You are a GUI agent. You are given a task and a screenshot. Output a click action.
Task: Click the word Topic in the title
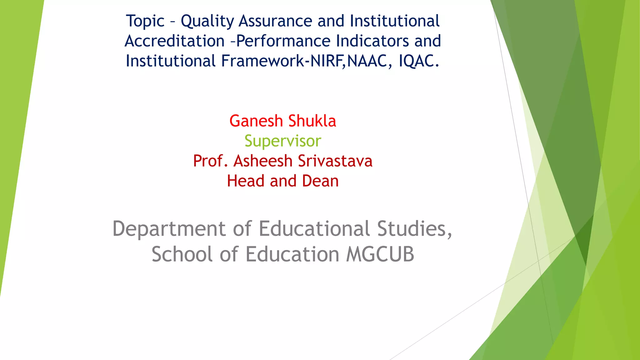pos(145,22)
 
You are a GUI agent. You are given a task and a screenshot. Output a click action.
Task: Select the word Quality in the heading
pos(207,22)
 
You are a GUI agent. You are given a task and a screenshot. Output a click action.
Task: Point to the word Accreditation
pos(174,41)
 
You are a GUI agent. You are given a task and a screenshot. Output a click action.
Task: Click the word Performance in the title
pos(283,41)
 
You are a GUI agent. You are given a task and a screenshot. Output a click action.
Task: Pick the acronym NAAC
pos(367,61)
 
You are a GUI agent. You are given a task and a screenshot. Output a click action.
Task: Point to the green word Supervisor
pos(282,141)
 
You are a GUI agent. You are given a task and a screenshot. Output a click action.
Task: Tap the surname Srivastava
pos(335,161)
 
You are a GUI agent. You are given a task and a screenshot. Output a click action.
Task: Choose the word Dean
pos(320,181)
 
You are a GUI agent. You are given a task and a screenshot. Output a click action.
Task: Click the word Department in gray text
pos(169,229)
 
